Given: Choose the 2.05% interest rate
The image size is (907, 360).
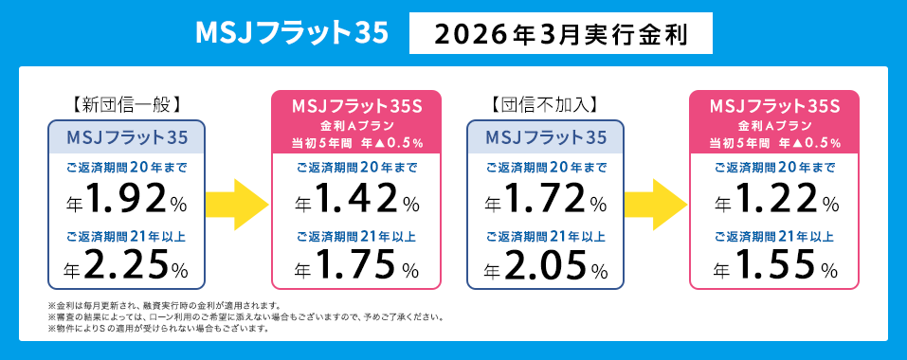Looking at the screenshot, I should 545,264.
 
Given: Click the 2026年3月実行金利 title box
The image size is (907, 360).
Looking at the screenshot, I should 560,34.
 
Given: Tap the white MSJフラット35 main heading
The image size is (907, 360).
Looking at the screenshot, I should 291,33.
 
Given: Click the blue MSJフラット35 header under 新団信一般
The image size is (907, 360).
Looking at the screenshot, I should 127,136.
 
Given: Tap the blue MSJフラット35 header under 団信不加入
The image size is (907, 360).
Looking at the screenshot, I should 545,136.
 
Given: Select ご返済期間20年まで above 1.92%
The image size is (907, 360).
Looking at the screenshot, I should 127,168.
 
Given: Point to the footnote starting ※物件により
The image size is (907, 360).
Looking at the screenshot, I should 157,328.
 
